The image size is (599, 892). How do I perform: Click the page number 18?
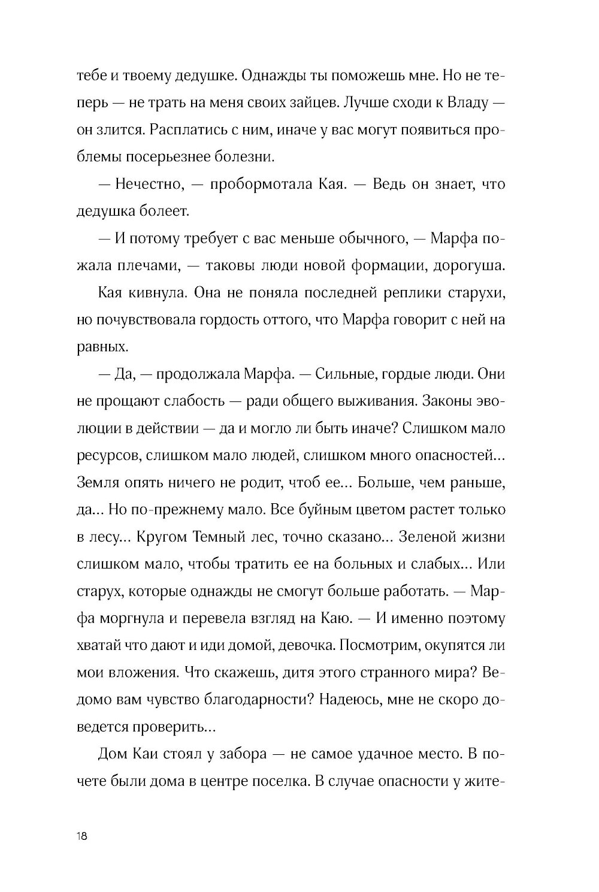coord(82,836)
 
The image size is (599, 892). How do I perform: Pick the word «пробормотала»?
coord(261,184)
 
